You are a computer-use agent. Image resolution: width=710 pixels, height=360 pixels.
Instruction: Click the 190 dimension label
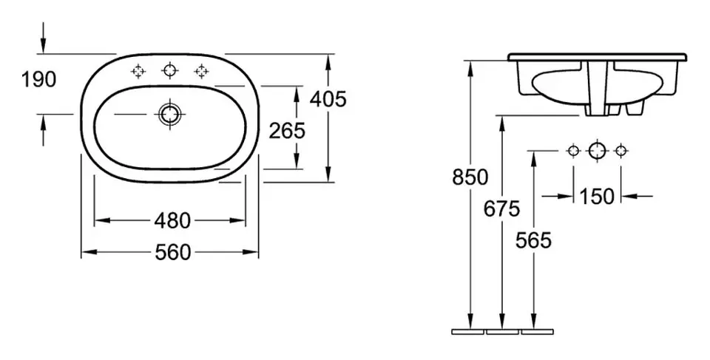pyautogui.click(x=39, y=80)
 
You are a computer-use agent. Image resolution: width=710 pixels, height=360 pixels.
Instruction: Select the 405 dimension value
pyautogui.click(x=328, y=99)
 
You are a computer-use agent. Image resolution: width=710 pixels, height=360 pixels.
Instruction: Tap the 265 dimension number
pyautogui.click(x=287, y=132)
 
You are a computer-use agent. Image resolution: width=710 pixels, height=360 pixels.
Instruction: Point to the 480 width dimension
pyautogui.click(x=172, y=221)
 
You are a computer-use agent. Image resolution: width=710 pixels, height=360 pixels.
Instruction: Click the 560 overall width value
pyautogui.click(x=173, y=252)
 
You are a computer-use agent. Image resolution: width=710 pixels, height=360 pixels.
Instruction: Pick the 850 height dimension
pyautogui.click(x=470, y=177)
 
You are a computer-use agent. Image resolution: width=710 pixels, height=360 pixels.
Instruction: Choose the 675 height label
pyautogui.click(x=501, y=208)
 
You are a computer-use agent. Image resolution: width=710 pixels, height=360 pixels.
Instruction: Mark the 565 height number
pyautogui.click(x=533, y=240)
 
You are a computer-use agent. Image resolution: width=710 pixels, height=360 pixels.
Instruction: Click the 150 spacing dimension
pyautogui.click(x=598, y=197)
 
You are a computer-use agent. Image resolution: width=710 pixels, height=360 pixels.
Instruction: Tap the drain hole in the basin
pyautogui.click(x=170, y=114)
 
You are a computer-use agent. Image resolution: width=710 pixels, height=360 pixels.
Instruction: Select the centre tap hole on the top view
pyautogui.click(x=170, y=71)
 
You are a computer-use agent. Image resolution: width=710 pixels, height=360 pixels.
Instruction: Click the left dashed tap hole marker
pyautogui.click(x=138, y=71)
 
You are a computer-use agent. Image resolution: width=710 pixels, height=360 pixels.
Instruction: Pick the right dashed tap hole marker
pyautogui.click(x=201, y=71)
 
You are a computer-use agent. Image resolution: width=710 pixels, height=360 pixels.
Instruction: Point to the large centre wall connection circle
pyautogui.click(x=597, y=150)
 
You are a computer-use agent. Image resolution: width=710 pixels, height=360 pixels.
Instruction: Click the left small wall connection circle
pyautogui.click(x=574, y=150)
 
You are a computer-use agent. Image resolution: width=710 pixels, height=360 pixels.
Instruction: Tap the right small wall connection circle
pyautogui.click(x=621, y=150)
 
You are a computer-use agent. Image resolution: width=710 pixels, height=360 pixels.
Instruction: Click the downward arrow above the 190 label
pyautogui.click(x=44, y=38)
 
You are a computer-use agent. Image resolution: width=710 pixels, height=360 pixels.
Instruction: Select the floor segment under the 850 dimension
pyautogui.click(x=468, y=332)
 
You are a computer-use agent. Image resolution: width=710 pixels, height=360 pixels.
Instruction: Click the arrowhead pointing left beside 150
pyautogui.click(x=630, y=196)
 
